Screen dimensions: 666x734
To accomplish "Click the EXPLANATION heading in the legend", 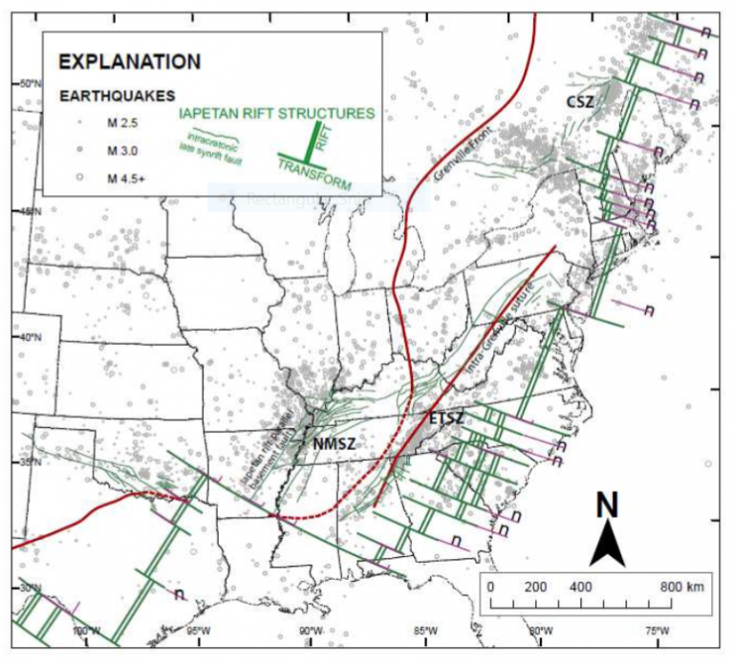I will [130, 62].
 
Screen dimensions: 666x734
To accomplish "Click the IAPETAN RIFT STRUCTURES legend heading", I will [278, 113].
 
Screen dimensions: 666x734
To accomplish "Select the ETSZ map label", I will [446, 419].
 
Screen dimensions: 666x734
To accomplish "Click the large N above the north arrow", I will [605, 506].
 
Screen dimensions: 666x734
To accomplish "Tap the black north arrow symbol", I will [605, 548].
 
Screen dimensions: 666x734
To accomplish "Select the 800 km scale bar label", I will [683, 586].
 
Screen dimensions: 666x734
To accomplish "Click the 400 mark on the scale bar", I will [580, 586].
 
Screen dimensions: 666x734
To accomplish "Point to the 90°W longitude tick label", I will [308, 630].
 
